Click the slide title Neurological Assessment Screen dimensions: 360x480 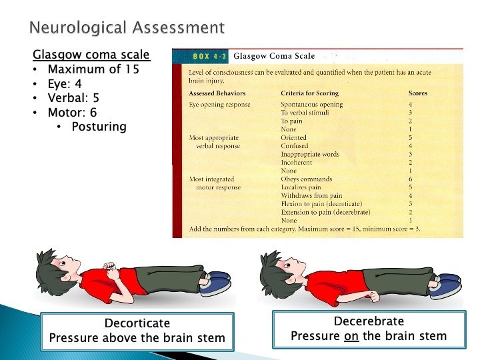(127, 28)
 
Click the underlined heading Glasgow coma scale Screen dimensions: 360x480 (91, 55)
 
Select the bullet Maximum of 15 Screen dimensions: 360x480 (94, 69)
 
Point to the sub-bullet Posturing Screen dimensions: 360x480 (99, 127)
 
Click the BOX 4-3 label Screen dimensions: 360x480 (209, 56)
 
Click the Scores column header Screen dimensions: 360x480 (418, 93)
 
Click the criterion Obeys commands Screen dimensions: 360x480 (307, 179)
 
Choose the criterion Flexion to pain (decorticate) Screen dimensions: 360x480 (321, 204)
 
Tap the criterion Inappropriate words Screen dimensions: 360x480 (310, 155)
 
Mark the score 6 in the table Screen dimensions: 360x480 (411, 179)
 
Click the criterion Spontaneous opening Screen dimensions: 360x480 (311, 105)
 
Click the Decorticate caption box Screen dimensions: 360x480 (137, 331)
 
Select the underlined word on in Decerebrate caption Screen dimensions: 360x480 (351, 336)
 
